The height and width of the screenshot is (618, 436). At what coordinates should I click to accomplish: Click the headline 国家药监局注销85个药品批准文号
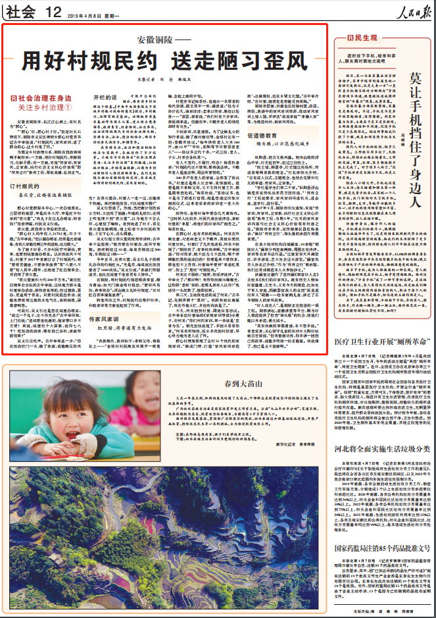click(x=381, y=547)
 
